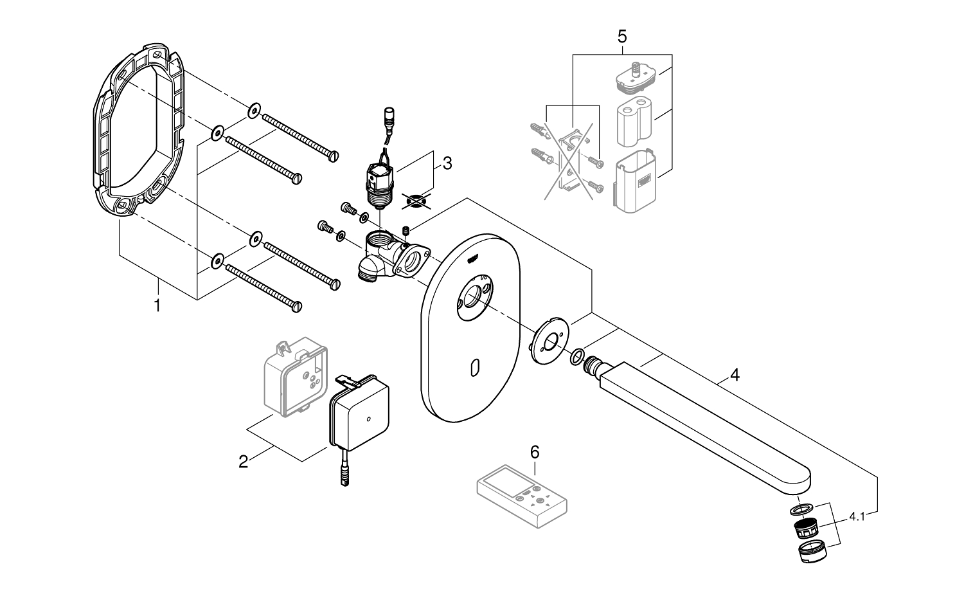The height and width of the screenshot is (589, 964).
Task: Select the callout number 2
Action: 244,461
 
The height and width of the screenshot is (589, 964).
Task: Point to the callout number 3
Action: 447,163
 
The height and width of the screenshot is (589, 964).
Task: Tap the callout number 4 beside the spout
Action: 735,374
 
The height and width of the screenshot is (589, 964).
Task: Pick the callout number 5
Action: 622,36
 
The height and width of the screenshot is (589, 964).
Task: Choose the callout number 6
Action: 535,452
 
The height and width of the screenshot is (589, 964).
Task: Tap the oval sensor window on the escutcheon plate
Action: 475,368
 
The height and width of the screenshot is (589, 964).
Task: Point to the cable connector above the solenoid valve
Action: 388,117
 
